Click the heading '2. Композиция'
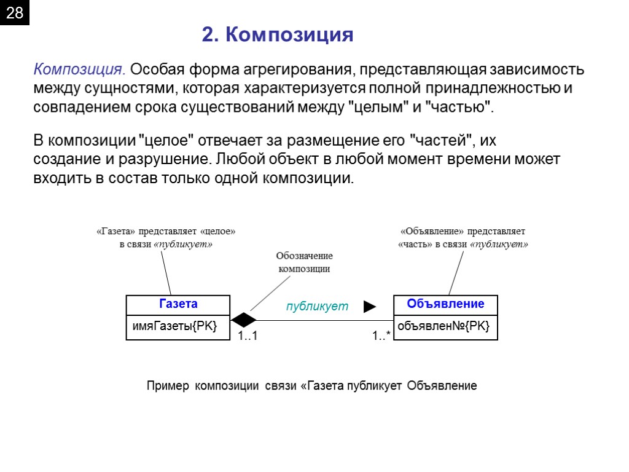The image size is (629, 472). (x=278, y=35)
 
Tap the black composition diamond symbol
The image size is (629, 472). (x=244, y=320)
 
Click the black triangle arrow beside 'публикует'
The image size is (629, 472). (x=369, y=307)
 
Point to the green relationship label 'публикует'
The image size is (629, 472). (x=317, y=306)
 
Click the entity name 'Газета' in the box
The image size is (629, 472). (x=178, y=304)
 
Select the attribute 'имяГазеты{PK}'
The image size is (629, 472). (x=174, y=326)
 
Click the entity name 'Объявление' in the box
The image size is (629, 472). (x=445, y=304)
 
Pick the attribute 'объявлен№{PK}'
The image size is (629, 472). (x=443, y=326)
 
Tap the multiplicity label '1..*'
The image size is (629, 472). (x=381, y=336)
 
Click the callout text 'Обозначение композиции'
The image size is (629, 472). (x=304, y=262)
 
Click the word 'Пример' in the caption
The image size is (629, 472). (x=168, y=386)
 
